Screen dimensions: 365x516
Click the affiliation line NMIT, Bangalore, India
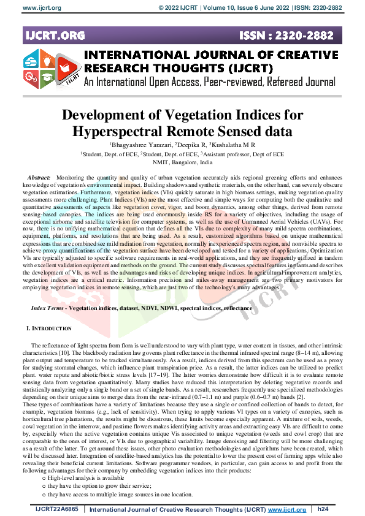pyautogui.click(x=182, y=163)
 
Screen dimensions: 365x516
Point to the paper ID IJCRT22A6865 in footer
pyautogui.click(x=57, y=509)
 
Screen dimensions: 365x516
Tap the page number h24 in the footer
pyautogui.click(x=323, y=509)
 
